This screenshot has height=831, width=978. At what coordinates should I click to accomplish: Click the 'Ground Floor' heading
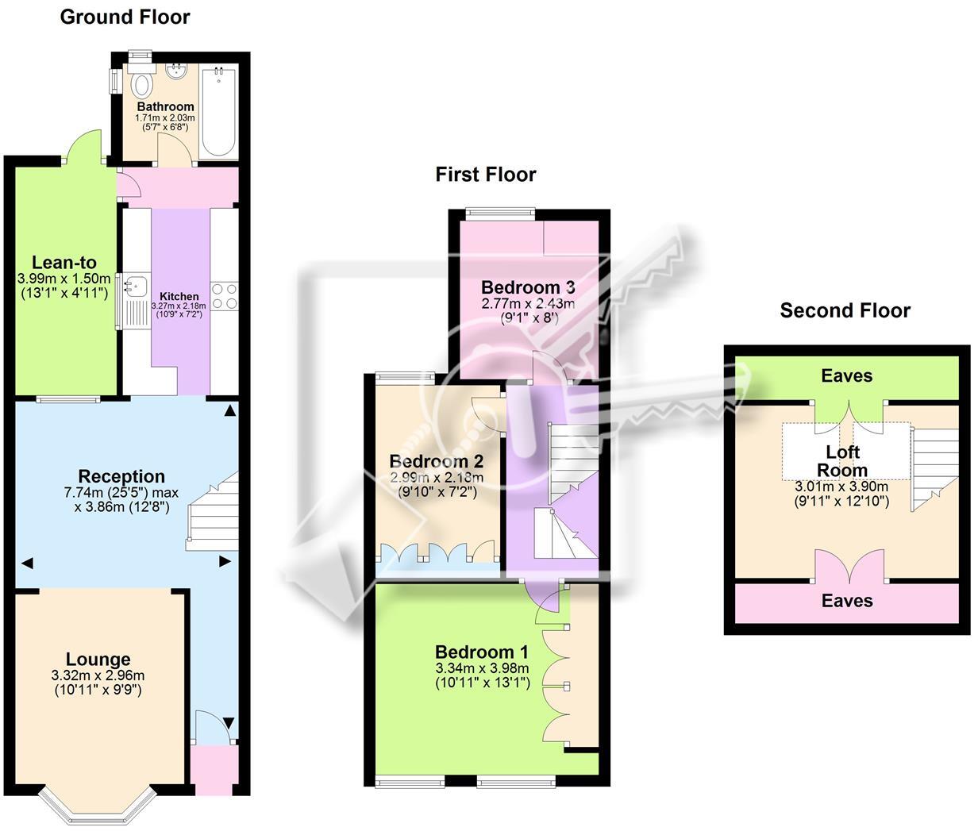point(125,17)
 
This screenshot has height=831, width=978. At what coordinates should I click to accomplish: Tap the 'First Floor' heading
point(485,174)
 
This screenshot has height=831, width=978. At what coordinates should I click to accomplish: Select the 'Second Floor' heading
point(845,310)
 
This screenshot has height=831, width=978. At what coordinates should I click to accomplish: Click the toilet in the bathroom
point(143,83)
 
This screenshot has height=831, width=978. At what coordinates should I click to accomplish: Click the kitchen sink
point(137,283)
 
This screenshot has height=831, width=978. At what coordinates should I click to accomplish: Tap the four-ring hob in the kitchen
point(224,296)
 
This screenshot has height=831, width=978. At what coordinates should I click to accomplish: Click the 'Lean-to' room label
point(64,263)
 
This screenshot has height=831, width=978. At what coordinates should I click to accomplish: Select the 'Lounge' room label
point(98,659)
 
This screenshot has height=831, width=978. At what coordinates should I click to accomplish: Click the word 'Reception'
point(121,476)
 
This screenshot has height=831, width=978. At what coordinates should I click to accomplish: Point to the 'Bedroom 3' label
point(527,287)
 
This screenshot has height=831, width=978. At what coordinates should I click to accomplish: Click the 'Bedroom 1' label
point(481,652)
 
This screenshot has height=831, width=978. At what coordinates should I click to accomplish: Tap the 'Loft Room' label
point(842,460)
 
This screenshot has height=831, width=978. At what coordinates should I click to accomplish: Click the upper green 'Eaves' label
point(847,375)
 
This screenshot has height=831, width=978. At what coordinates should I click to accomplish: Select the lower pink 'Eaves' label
point(847,601)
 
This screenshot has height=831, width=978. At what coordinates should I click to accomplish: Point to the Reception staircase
point(213,512)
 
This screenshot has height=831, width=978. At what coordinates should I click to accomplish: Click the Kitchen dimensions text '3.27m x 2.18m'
point(179,306)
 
